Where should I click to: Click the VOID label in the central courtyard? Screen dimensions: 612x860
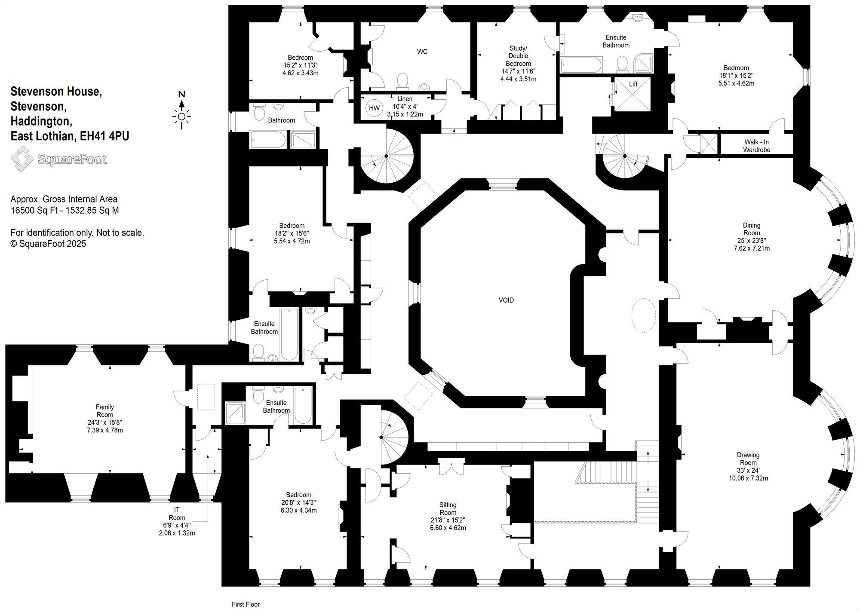[506, 300]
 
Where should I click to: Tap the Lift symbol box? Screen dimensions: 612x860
[633, 94]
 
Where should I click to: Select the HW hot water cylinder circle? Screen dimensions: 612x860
[375, 108]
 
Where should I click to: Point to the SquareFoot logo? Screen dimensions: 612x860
[59, 159]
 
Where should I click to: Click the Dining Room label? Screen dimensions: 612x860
[751, 229]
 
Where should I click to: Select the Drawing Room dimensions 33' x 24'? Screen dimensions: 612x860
[748, 471]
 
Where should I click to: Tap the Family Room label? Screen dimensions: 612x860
[105, 411]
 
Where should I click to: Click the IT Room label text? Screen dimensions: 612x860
[177, 514]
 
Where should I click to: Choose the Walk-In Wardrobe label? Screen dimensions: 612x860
[757, 146]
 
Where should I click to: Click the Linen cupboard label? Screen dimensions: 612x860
[405, 99]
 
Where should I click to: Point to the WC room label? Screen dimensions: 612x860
[422, 52]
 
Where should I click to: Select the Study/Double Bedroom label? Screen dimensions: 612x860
[518, 56]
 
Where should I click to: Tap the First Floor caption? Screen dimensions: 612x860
[246, 604]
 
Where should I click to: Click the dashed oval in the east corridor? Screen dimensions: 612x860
[643, 315]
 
